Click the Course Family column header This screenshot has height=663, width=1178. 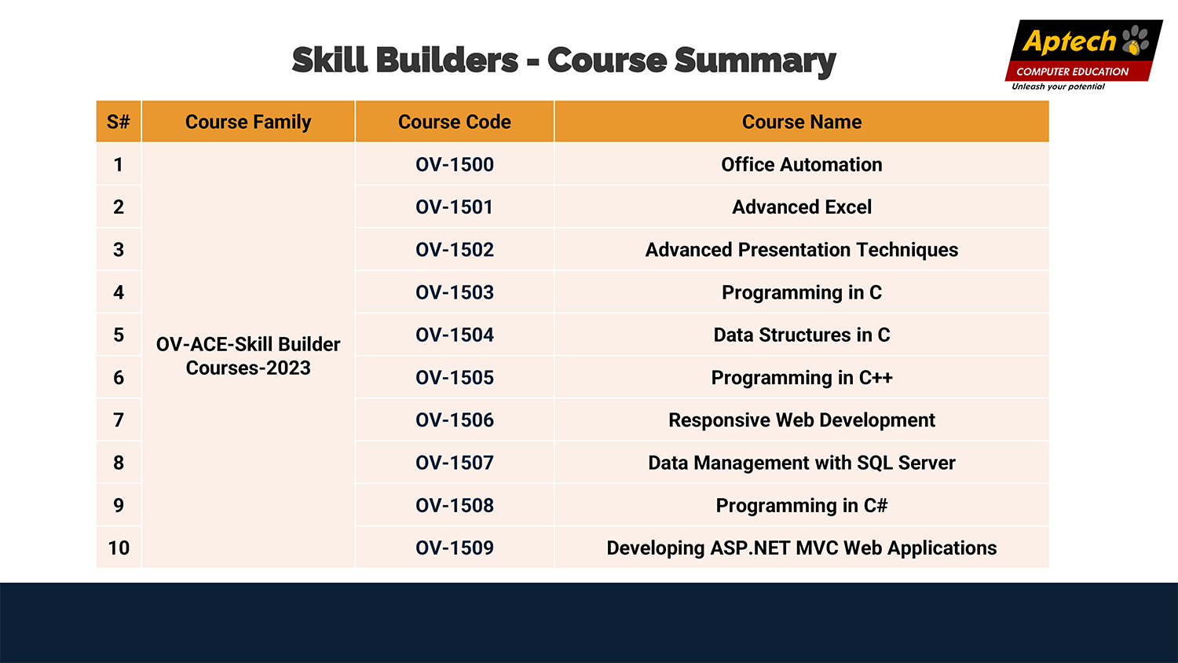click(248, 122)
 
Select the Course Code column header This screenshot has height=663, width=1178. click(455, 122)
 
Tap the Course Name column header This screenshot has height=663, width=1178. click(802, 122)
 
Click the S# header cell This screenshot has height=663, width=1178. click(119, 122)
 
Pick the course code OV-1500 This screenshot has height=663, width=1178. click(455, 165)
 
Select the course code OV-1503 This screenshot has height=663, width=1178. click(455, 292)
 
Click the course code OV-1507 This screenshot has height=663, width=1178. click(455, 463)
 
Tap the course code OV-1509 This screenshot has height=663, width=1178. click(455, 548)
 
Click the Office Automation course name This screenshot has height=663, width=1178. click(802, 165)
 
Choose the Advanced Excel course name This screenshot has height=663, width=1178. click(802, 207)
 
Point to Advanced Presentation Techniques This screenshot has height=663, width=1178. click(802, 250)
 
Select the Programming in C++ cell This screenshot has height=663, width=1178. click(802, 378)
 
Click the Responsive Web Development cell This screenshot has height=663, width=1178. click(802, 420)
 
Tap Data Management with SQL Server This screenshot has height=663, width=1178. click(802, 463)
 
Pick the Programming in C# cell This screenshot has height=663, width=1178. click(802, 506)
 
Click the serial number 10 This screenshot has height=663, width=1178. click(119, 548)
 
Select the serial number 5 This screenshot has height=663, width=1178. click(119, 335)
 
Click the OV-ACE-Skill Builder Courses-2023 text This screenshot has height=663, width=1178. click(248, 356)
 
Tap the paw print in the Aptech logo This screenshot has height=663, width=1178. click(1135, 40)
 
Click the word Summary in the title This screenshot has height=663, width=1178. click(755, 61)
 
